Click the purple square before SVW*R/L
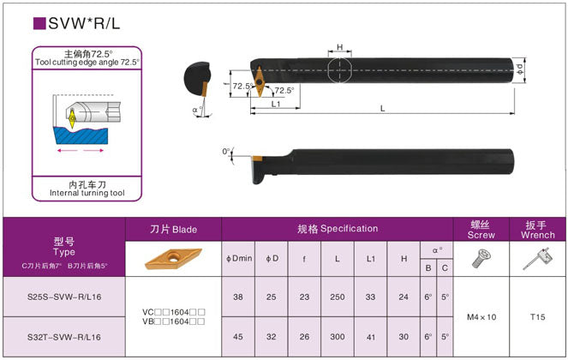(39, 24)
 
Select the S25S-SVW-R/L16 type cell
(63, 297)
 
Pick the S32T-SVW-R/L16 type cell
(63, 337)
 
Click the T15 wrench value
(537, 317)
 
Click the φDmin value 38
(237, 297)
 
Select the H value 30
(403, 337)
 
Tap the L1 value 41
(370, 337)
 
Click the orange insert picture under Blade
(174, 258)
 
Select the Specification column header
(338, 229)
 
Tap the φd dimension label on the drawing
(520, 68)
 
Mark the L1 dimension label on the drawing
(277, 104)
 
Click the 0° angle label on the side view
(226, 152)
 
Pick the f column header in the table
(304, 258)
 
